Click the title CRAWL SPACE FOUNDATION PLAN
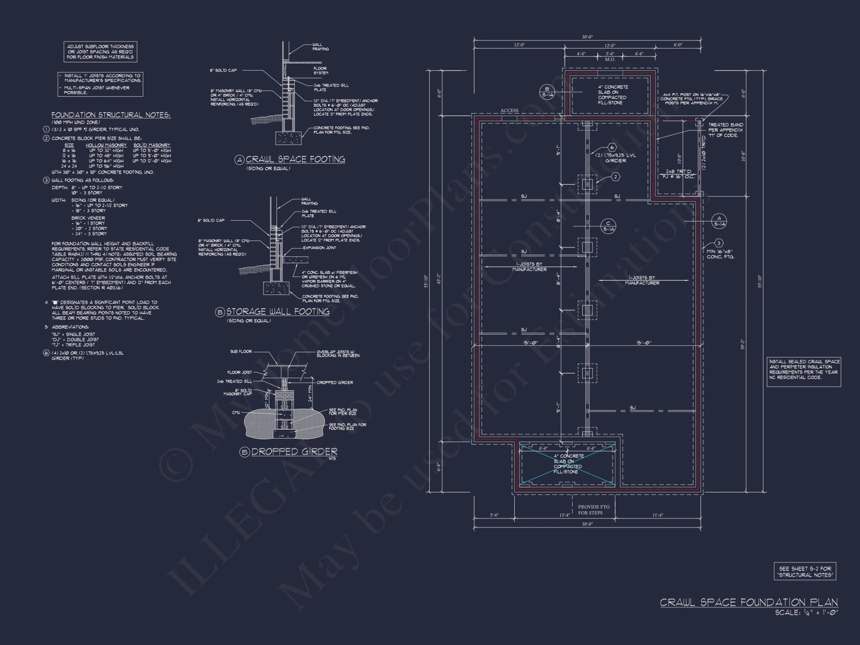coord(749,602)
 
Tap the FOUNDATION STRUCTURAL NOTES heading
coord(111,115)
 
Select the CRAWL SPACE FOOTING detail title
coord(295,160)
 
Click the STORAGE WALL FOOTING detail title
coord(277,312)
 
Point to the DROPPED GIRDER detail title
coord(294,451)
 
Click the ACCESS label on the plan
coord(509,111)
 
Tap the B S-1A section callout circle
coord(547,92)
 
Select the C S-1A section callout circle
coord(608,226)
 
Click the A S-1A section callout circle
coord(719,221)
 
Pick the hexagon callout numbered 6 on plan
coord(611,147)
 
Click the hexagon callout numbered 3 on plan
coord(718,243)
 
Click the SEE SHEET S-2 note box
coord(805,571)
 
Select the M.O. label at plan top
coord(610,59)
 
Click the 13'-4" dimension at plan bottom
coord(564,515)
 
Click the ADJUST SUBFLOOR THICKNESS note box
coord(100,52)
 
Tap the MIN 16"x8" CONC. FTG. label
coord(720,254)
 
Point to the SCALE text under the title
coord(806,613)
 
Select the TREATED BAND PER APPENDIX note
coord(725,130)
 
